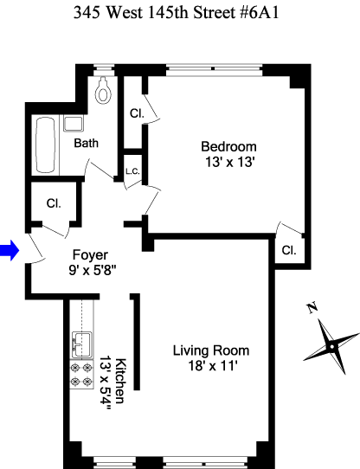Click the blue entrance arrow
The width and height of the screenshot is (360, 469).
pos(10,250)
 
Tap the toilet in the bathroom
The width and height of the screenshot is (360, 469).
pos(103,90)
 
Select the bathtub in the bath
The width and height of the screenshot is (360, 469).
pos(46,145)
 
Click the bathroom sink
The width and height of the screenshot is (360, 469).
pos(73,124)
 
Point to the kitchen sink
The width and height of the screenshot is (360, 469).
pos(81,345)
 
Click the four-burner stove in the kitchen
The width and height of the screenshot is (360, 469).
pos(81,374)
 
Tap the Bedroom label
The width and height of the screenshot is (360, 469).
pos(229,146)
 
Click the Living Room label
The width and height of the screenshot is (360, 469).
pos(211,350)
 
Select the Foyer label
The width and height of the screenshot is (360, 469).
pos(90,255)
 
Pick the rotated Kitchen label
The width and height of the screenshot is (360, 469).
pos(120,381)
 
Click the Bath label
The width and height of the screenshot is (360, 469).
pos(87,143)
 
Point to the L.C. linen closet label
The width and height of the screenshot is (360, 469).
pos(132,171)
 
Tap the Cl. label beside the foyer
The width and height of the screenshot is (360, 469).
pos(54,203)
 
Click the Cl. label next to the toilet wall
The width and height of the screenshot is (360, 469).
pos(137,113)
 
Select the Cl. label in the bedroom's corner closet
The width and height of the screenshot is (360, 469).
pos(289,250)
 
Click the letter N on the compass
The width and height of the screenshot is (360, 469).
pos(312,308)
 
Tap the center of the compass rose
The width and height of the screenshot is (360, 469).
pos(332,347)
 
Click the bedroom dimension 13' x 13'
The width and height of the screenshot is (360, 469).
pos(230,162)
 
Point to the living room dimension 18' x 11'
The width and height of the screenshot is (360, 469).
pos(213,365)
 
